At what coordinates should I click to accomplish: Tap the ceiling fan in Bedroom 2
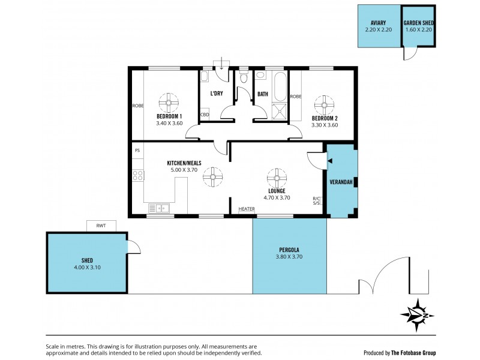point(325,105)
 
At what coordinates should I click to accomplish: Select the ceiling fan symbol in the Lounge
point(275,177)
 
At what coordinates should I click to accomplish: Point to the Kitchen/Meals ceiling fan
point(212,177)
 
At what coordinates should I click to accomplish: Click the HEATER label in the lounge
point(247,209)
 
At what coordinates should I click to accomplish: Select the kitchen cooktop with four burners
point(137,176)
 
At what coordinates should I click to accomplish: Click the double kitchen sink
point(160,208)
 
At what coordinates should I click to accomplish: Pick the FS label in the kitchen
point(137,150)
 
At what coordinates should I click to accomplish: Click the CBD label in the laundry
point(204,114)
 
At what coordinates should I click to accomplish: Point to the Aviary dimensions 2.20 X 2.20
point(378,29)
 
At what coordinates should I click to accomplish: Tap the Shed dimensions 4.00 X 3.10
point(87,268)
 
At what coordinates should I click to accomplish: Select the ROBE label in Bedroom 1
point(137,106)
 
